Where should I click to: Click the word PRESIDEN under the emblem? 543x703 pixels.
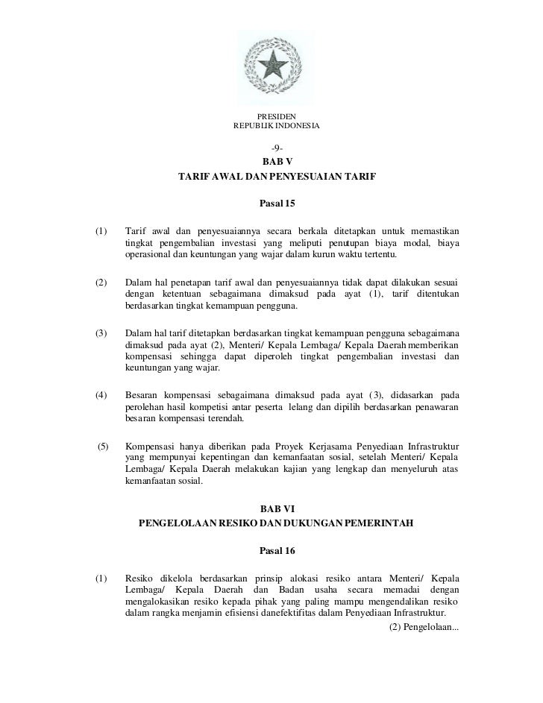(277, 116)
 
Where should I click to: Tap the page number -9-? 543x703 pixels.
(277, 148)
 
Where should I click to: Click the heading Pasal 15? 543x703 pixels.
(277, 203)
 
